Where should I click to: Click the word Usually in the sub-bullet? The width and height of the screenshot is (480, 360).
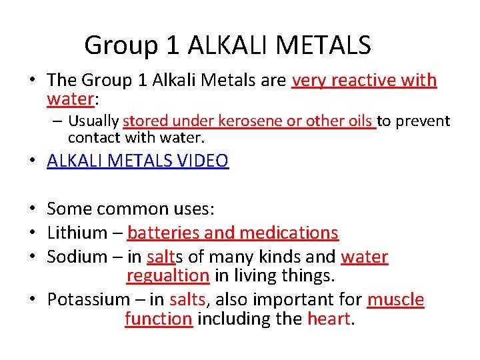pyautogui.click(x=93, y=121)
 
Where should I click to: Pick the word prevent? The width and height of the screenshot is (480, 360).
pyautogui.click(x=423, y=121)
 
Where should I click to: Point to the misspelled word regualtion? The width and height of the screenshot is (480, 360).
pyautogui.click(x=168, y=276)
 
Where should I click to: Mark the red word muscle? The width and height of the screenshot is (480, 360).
pyautogui.click(x=395, y=299)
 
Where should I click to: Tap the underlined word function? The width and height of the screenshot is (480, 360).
pyautogui.click(x=159, y=319)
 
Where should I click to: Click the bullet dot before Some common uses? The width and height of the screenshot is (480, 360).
pyautogui.click(x=32, y=209)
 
